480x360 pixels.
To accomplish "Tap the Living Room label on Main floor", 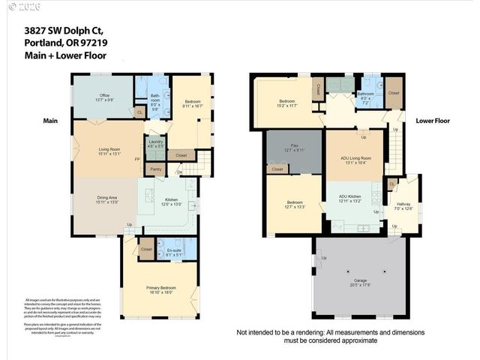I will [109, 149].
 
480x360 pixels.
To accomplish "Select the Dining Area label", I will [106, 198].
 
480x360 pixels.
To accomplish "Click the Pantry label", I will [156, 169].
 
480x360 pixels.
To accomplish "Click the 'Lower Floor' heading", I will [433, 120].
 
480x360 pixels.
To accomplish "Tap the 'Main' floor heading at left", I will [50, 120].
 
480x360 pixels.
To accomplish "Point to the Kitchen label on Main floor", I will [172, 200].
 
